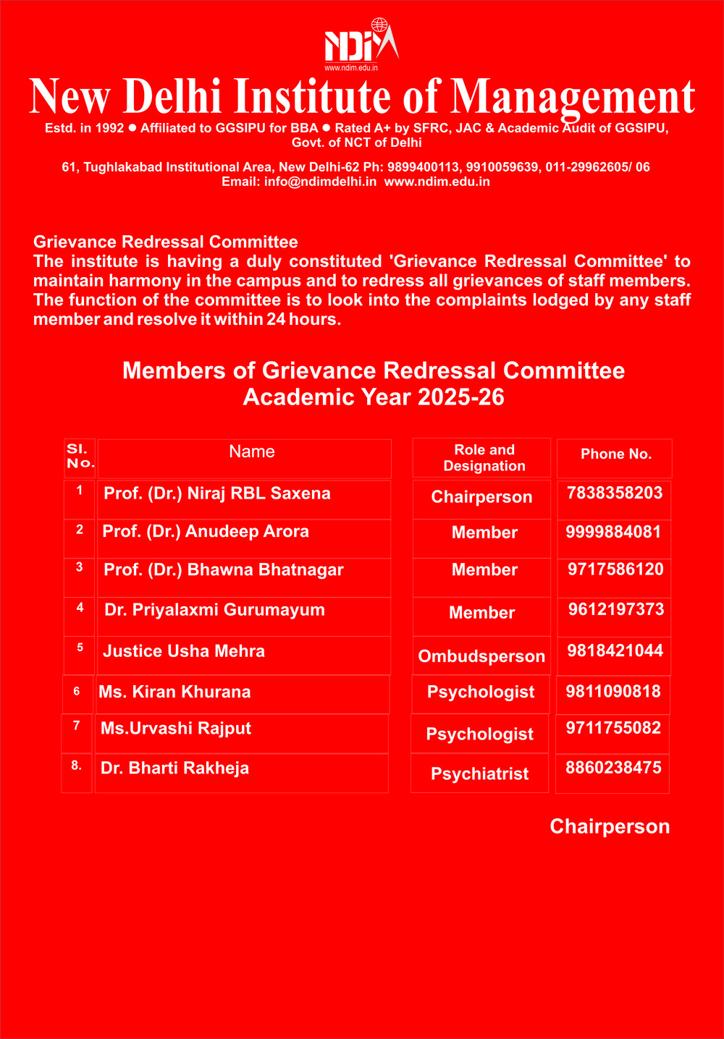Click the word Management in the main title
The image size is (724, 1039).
[x=573, y=98]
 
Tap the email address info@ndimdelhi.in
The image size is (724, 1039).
[x=320, y=182]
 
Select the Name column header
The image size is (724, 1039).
[x=251, y=452]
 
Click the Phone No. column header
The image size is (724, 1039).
[x=616, y=454]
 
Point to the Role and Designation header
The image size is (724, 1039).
[x=484, y=458]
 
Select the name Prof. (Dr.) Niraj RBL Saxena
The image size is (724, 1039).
[x=217, y=494]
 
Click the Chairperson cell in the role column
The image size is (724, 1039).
[x=481, y=497]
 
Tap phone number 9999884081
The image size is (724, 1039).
[x=613, y=533]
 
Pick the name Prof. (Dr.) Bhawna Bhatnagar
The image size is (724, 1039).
[x=223, y=570]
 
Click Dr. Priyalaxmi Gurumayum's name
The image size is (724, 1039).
[x=214, y=610]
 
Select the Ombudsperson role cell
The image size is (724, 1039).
[x=481, y=656]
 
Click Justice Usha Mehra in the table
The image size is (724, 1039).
[x=184, y=651]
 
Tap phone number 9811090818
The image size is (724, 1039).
[x=613, y=692]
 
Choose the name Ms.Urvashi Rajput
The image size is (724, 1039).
[x=176, y=729]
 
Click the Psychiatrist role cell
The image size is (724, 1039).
[x=479, y=774]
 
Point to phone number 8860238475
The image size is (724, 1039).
[x=613, y=768]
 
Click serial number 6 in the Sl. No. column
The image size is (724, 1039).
[x=77, y=692]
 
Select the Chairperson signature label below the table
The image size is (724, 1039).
[x=610, y=827]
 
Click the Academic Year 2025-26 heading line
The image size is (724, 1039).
[x=374, y=397]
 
